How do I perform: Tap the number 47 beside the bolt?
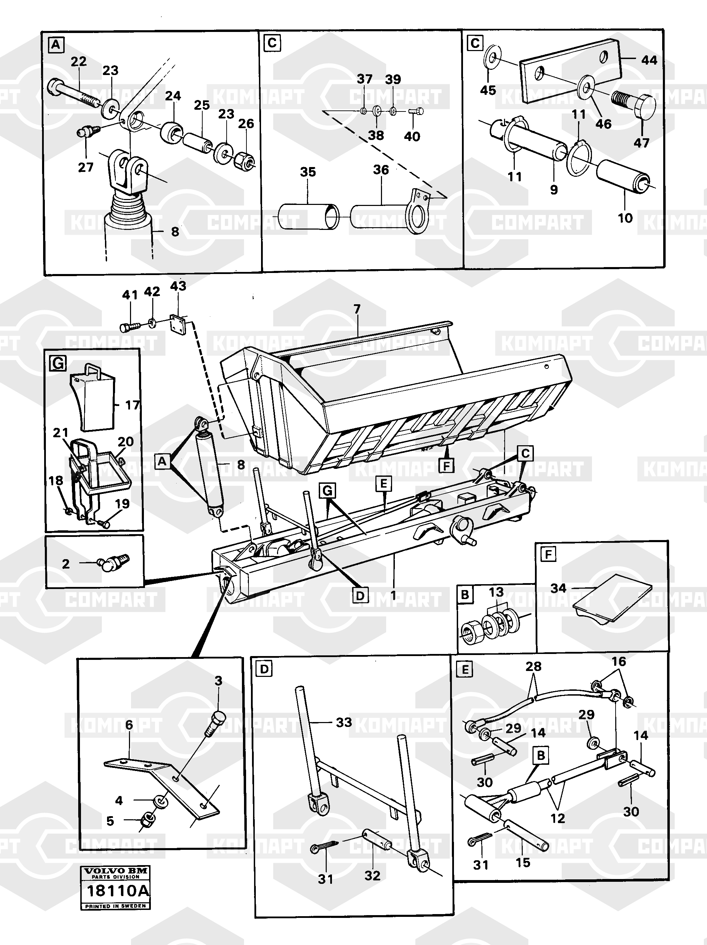pyautogui.click(x=641, y=143)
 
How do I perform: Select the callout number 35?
pyautogui.click(x=308, y=172)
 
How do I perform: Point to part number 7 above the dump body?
pyautogui.click(x=357, y=308)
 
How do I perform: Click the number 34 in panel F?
pyautogui.click(x=558, y=588)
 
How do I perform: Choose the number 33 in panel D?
pyautogui.click(x=344, y=722)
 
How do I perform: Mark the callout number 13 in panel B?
pyautogui.click(x=496, y=592)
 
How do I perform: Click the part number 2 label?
pyautogui.click(x=65, y=564)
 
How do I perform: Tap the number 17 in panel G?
pyautogui.click(x=132, y=405)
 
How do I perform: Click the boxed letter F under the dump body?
pyautogui.click(x=446, y=465)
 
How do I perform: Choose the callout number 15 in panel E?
pyautogui.click(x=523, y=862)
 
